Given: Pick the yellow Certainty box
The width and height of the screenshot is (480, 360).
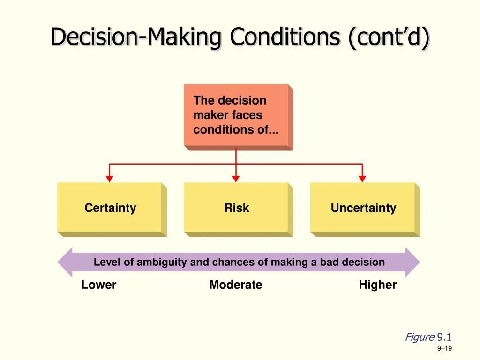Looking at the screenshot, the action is (x=110, y=208).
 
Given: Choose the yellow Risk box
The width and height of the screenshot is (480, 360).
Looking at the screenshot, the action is (x=236, y=208).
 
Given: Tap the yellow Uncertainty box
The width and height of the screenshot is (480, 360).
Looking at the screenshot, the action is (x=363, y=208).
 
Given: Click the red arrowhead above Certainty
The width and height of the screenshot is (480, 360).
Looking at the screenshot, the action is (x=109, y=179).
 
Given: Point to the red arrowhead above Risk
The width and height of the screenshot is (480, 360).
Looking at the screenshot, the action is (x=236, y=179).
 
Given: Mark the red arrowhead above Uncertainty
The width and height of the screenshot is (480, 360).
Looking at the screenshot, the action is (x=362, y=179).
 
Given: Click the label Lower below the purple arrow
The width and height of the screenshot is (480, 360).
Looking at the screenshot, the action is (x=99, y=285).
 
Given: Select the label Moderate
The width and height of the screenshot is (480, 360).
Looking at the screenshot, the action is (x=236, y=285).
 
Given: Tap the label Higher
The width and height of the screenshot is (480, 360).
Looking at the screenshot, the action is (x=377, y=285).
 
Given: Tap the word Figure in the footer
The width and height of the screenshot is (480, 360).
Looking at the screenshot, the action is (x=420, y=337).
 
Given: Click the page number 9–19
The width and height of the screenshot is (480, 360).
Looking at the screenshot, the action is (x=444, y=348).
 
